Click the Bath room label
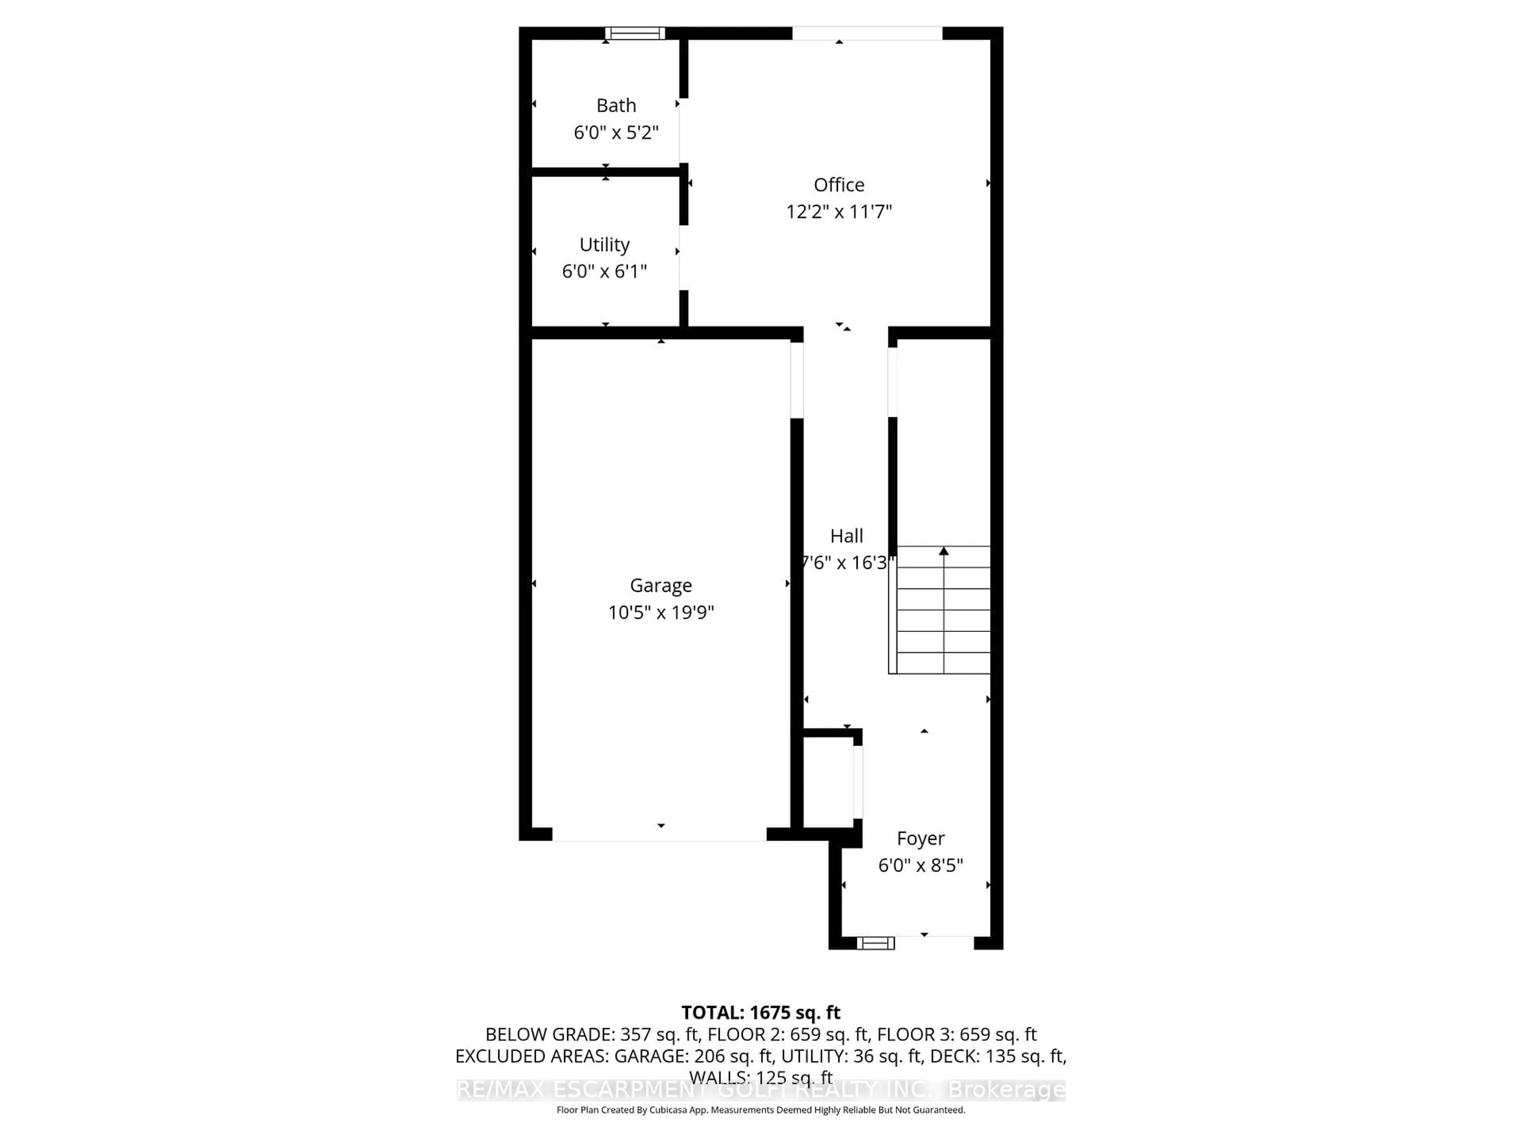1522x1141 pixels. (x=616, y=105)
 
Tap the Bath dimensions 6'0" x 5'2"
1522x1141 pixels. (x=616, y=132)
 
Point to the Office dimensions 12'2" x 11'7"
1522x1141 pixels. (x=839, y=211)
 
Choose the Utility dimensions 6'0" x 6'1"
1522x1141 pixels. (x=604, y=271)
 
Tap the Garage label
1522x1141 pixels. (x=661, y=585)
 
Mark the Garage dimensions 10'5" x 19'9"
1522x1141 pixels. (x=661, y=612)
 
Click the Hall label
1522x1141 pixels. (x=846, y=536)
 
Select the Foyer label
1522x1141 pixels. (x=921, y=838)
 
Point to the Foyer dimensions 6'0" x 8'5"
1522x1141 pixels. (x=921, y=865)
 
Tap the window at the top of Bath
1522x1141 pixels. (x=635, y=33)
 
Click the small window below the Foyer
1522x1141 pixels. (x=875, y=943)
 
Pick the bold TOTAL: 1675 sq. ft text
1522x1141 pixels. (x=760, y=1012)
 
